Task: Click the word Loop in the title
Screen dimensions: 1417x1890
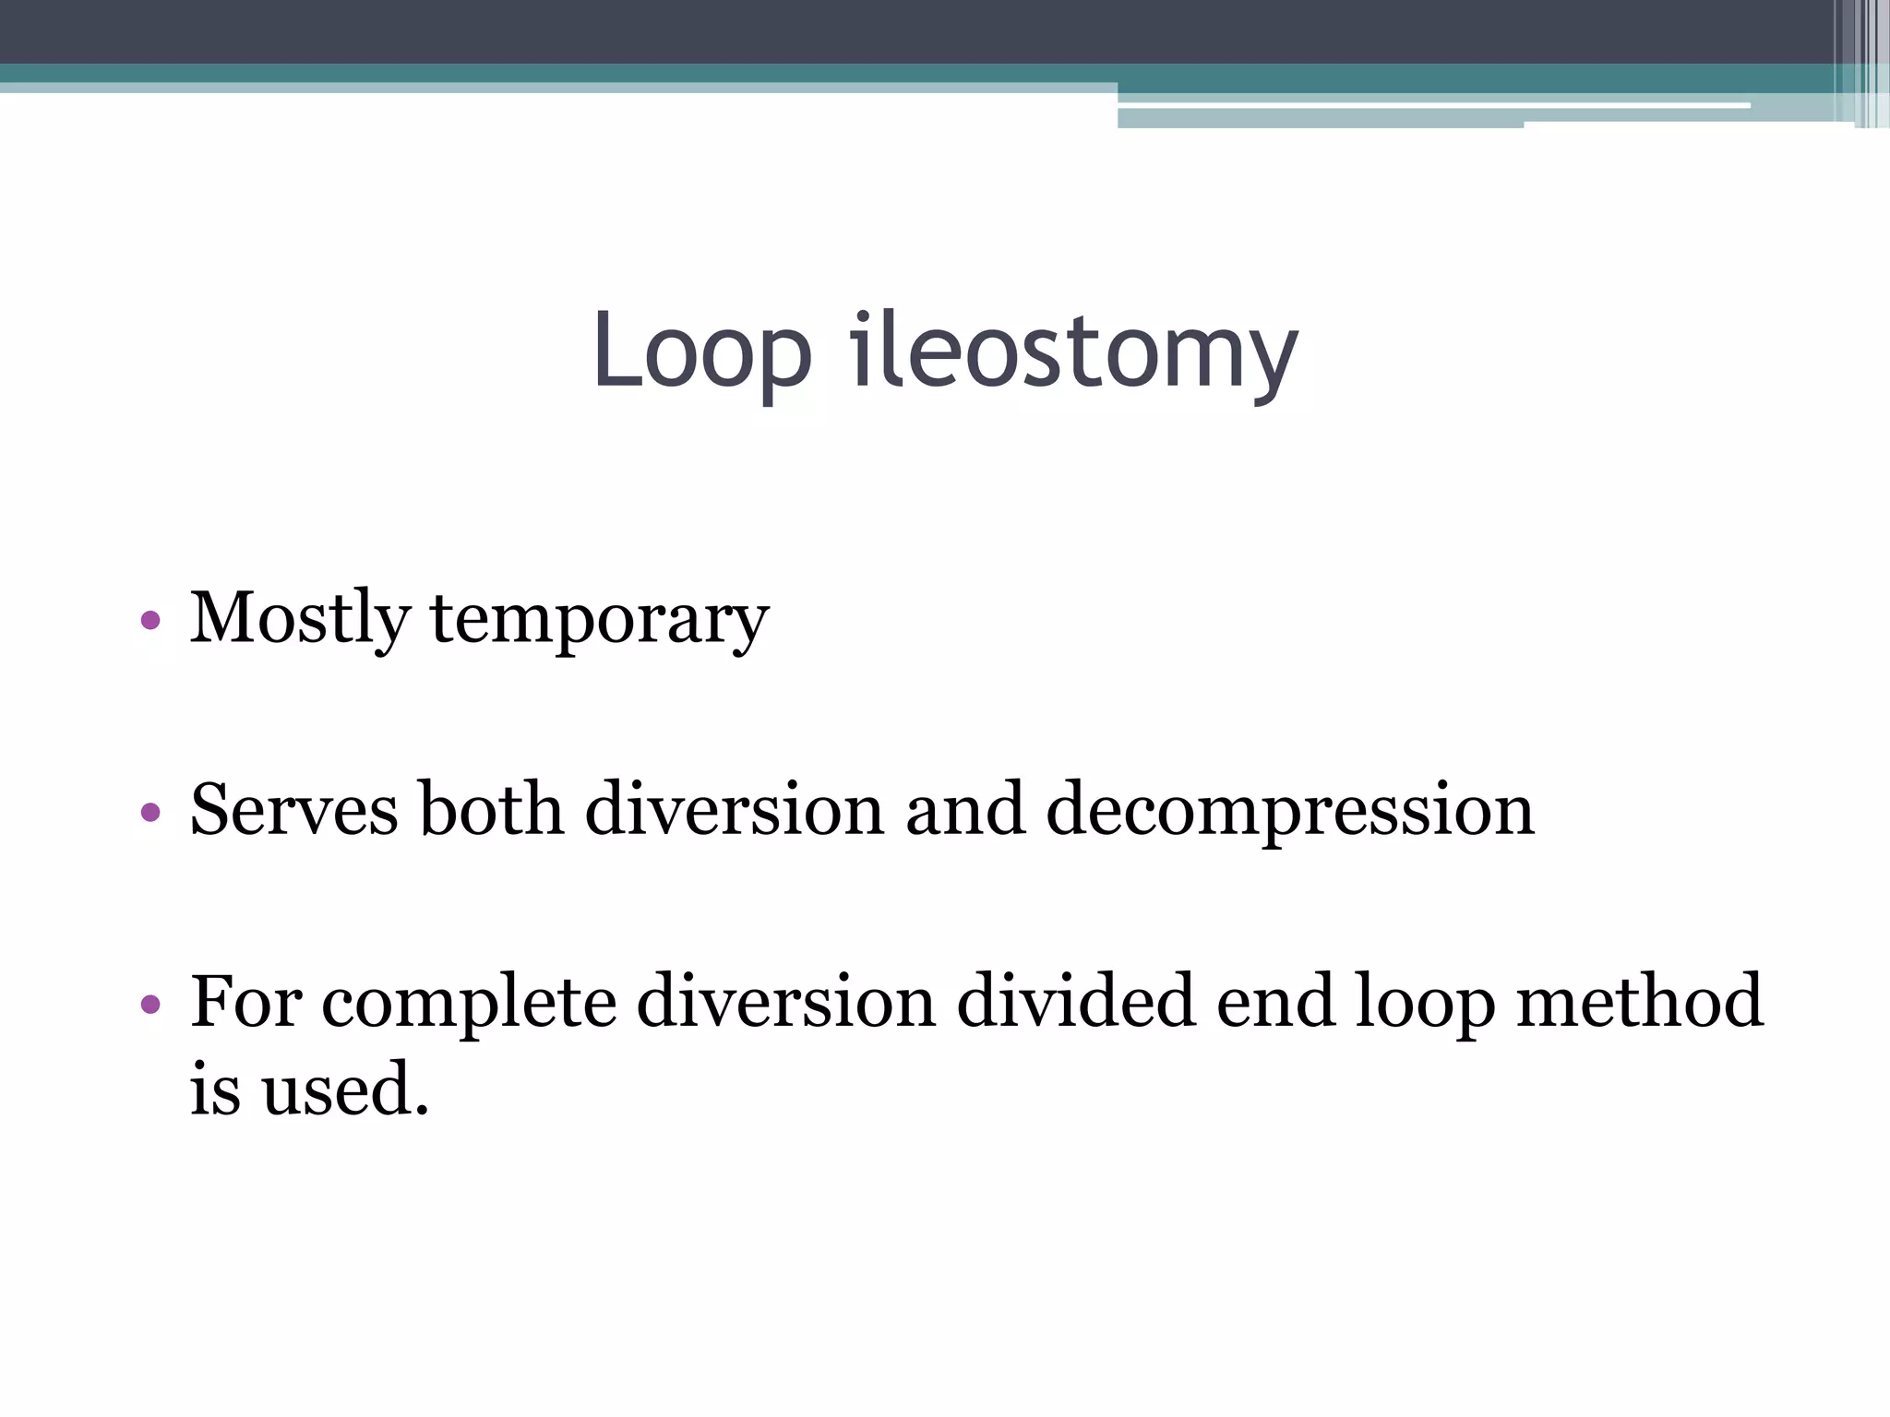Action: [701, 351]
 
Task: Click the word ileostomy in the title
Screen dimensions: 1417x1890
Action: [1073, 351]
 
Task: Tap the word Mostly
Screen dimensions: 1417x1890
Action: [299, 618]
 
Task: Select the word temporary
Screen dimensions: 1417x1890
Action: [600, 620]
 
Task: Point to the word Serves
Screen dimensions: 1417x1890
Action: [294, 809]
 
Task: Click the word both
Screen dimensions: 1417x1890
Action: [491, 809]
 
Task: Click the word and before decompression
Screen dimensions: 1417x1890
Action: [964, 809]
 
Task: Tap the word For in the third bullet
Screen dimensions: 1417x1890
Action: [245, 1001]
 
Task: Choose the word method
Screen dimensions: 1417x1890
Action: [1639, 1001]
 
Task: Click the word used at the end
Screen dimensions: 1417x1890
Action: [345, 1089]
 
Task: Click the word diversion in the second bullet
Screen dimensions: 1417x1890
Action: [735, 809]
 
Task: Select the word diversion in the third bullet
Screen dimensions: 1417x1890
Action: [786, 1001]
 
